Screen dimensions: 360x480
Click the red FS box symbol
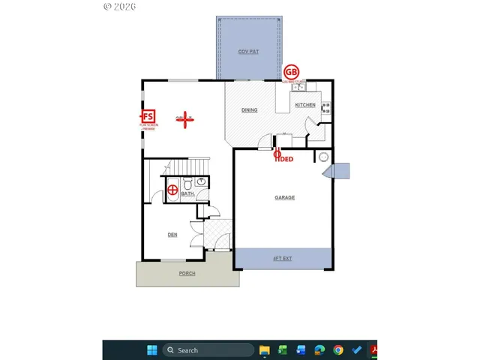[x=148, y=116]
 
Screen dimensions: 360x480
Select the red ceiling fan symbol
[x=184, y=118]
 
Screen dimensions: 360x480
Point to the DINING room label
[x=249, y=110]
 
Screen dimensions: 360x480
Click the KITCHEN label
[x=304, y=105]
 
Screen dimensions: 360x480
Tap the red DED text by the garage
[x=284, y=159]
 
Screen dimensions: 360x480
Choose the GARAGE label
[x=284, y=197]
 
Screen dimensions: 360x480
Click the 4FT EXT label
[x=282, y=258]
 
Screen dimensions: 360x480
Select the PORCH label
[x=187, y=273]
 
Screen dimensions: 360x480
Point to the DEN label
[x=172, y=235]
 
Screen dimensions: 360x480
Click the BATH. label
[x=187, y=193]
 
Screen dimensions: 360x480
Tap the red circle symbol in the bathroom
[x=173, y=190]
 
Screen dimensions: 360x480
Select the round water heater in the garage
[x=323, y=157]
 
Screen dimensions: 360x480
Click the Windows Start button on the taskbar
[x=152, y=350]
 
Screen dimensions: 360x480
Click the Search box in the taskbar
[x=208, y=350]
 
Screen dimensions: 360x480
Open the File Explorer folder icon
[x=265, y=350]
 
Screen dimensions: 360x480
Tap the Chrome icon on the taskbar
[x=338, y=350]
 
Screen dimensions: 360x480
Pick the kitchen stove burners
[x=326, y=109]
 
